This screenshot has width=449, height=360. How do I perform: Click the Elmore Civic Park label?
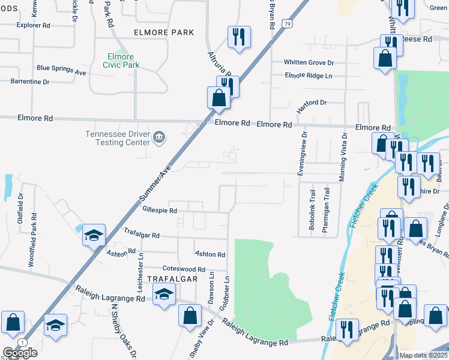(121, 60)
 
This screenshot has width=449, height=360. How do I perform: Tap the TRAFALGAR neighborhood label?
(170, 279)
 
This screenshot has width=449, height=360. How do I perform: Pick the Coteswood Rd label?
(184, 269)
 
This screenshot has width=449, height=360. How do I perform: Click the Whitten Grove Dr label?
(309, 62)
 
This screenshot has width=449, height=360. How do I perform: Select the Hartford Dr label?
(311, 103)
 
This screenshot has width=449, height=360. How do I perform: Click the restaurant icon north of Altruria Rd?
(239, 38)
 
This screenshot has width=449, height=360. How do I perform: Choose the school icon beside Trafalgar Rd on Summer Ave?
(94, 235)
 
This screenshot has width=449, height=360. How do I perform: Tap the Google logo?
(20, 353)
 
